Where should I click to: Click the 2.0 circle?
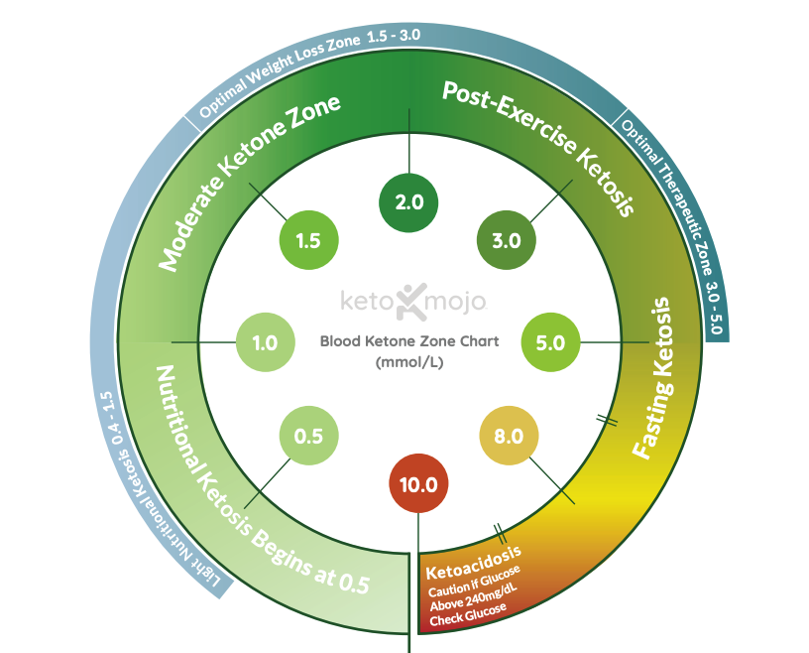pos(409,201)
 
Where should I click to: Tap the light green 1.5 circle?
pos(309,239)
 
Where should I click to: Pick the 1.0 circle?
pos(265,342)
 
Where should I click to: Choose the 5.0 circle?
pos(550,342)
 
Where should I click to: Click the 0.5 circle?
pos(309,436)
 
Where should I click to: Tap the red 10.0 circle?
pos(418,484)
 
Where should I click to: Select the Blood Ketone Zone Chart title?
pos(408,341)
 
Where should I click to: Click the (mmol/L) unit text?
pos(408,363)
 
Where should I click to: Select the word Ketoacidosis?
pos(473,563)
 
